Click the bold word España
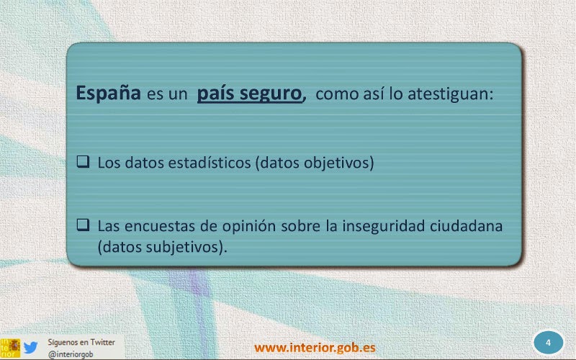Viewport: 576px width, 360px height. click(109, 93)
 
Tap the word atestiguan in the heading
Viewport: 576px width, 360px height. click(451, 94)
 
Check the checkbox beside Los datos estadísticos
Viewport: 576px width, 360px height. click(83, 161)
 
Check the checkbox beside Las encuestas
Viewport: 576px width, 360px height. click(83, 225)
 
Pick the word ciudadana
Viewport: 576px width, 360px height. click(466, 225)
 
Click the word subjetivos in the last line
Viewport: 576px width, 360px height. click(184, 247)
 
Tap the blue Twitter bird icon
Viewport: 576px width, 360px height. click(30, 347)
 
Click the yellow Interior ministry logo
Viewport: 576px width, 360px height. click(10, 348)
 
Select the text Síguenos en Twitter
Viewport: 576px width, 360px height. click(81, 342)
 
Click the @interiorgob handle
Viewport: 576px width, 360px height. click(71, 354)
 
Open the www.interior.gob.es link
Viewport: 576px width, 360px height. click(315, 347)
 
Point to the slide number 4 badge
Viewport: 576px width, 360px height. click(548, 343)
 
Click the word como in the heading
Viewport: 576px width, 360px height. click(337, 94)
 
